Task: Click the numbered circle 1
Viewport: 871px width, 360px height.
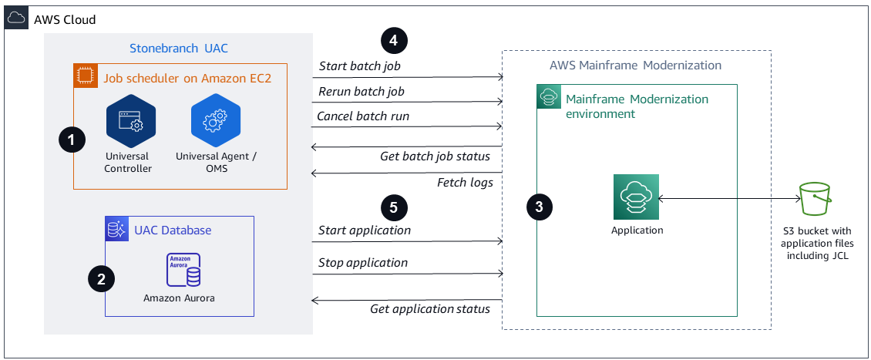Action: click(72, 140)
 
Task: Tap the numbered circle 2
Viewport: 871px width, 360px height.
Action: click(101, 279)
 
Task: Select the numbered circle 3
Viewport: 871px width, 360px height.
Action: click(539, 206)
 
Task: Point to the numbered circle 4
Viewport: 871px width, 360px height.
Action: click(394, 40)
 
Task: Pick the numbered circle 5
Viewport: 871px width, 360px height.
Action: click(394, 207)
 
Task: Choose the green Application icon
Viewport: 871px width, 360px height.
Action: click(636, 197)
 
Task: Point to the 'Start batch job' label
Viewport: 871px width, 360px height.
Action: click(359, 66)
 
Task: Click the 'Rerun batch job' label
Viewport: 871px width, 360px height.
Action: click(362, 92)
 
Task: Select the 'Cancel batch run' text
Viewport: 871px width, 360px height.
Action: click(363, 116)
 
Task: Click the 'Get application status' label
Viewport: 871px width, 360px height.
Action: click(430, 309)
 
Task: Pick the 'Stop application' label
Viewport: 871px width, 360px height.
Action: click(363, 263)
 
